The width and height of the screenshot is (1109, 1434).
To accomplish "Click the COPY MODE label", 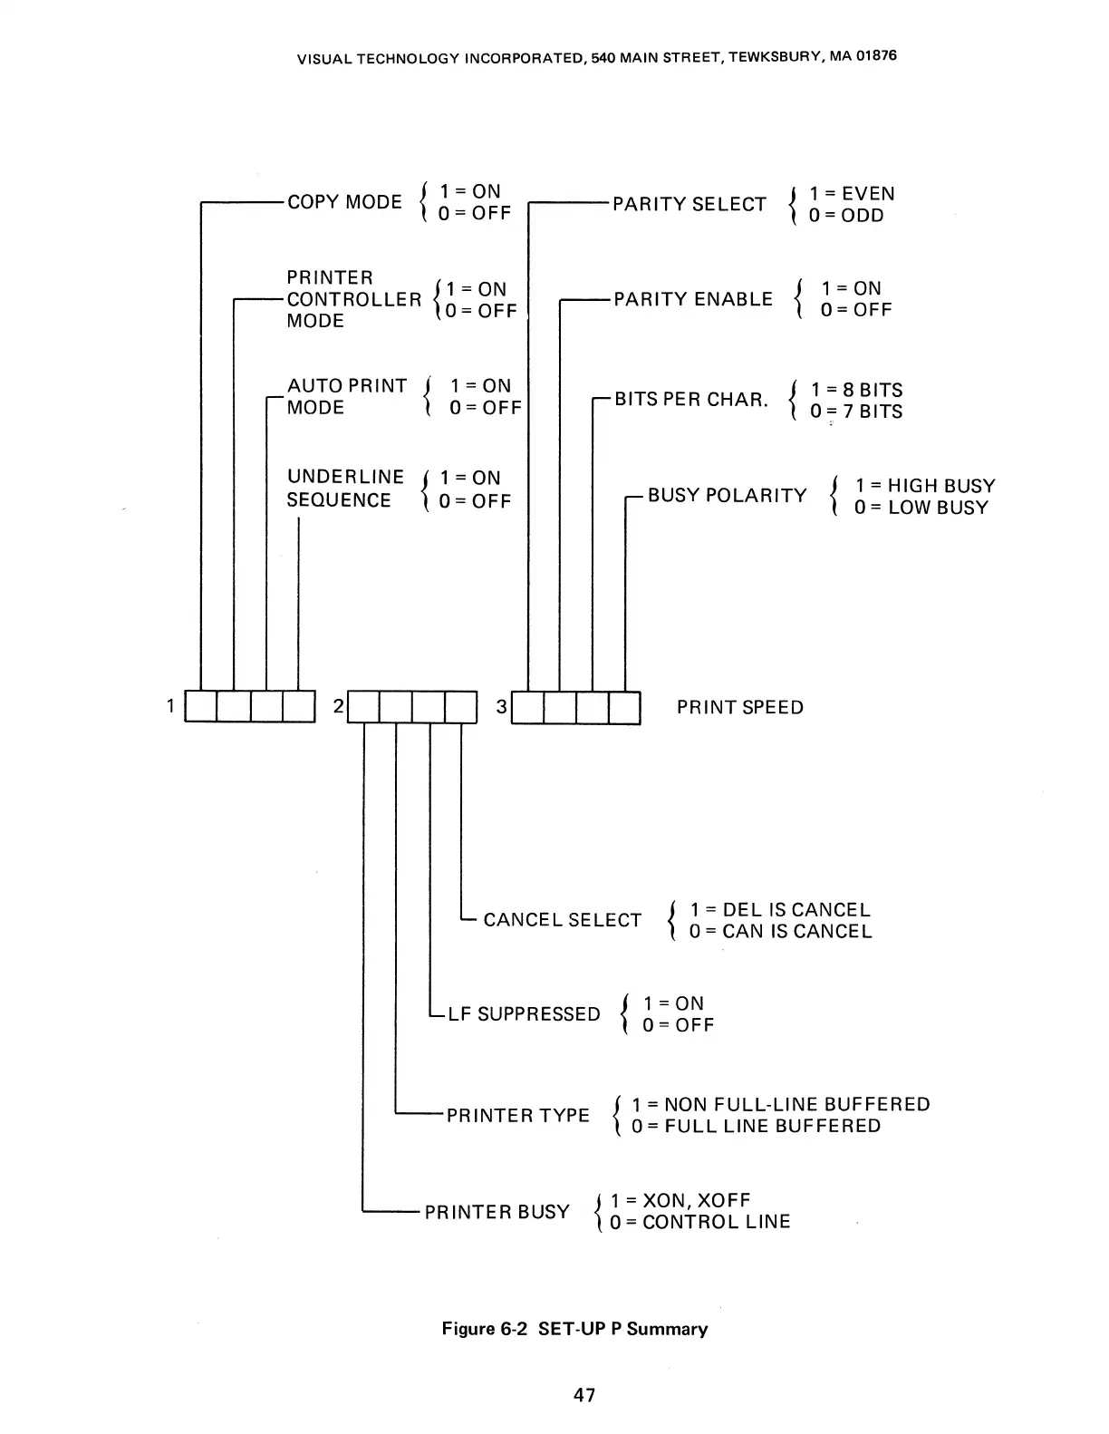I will click(344, 202).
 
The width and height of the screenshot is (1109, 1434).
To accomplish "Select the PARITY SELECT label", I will click(689, 204).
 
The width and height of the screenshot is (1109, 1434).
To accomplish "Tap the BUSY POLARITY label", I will click(727, 496).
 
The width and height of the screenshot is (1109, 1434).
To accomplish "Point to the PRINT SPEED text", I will click(739, 708).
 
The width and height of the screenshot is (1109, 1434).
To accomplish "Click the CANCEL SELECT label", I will click(562, 921).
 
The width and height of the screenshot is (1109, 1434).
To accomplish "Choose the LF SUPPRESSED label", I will click(524, 1014).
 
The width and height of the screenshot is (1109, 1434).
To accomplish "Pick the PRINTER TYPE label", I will click(517, 1116).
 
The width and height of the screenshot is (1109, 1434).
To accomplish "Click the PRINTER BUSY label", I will click(497, 1213).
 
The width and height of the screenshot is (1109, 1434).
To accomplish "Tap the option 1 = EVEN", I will click(852, 194).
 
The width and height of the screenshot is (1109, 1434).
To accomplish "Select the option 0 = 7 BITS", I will click(856, 412).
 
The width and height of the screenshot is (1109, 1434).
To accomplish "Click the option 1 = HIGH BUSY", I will click(925, 486).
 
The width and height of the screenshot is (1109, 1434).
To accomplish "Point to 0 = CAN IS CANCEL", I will click(780, 932).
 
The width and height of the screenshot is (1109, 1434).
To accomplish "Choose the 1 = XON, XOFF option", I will click(680, 1201).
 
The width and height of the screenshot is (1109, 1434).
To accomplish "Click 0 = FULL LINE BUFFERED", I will click(756, 1127).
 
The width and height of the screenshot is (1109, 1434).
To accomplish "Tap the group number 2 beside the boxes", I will click(338, 706).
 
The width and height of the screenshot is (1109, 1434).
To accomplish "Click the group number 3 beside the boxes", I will click(502, 706).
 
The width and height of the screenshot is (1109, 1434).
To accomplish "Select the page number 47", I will click(584, 1396).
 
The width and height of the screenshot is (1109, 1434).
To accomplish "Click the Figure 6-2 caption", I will click(574, 1329).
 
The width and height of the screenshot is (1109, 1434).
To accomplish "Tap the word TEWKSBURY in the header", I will click(773, 57).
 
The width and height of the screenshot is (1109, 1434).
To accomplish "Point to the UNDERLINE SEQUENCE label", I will click(344, 489).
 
